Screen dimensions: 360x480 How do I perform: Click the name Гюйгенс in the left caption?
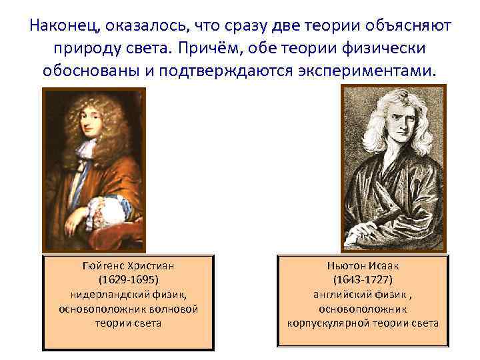[x=105, y=265]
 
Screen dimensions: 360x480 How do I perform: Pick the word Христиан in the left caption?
[x=153, y=265]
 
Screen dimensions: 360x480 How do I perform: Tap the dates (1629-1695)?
[x=129, y=279]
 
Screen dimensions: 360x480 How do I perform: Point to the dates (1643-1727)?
[x=363, y=279]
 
